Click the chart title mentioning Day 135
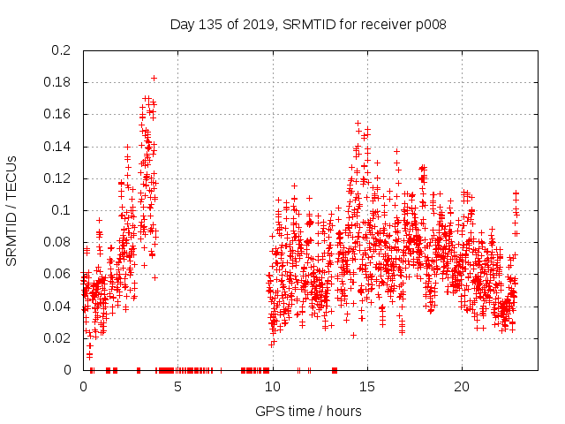coord(307,25)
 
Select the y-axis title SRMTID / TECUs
coord(11,210)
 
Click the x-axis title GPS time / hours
coord(308,411)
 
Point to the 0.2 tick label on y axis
coord(63,50)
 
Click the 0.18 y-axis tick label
coord(59,82)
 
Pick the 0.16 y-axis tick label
coord(59,115)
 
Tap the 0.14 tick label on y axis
coord(59,147)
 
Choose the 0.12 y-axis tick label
coord(59,178)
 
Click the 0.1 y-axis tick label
coord(63,210)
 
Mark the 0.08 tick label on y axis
coord(59,242)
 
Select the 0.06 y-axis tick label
coord(59,275)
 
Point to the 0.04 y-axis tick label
coord(59,307)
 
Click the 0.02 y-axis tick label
coord(59,338)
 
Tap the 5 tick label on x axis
coord(178,387)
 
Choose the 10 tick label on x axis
coord(273,387)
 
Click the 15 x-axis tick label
coord(367,387)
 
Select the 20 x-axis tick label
coord(462,387)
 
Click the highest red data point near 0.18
coord(154,78)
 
